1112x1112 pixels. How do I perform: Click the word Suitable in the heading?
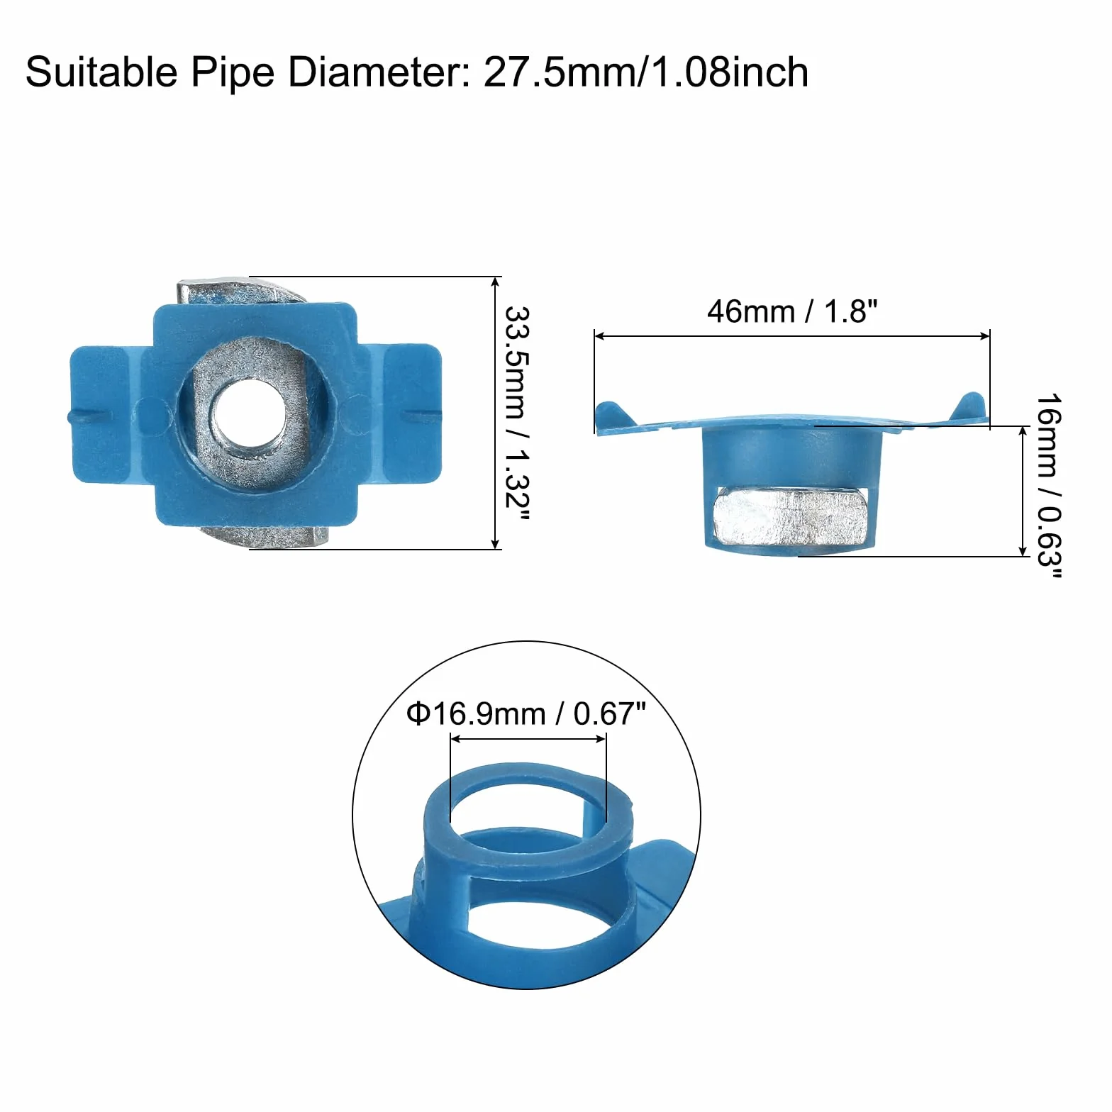101,72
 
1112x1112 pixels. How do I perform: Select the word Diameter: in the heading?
379,72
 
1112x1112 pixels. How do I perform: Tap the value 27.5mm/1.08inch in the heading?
646,72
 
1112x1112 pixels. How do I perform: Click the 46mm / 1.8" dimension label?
792,311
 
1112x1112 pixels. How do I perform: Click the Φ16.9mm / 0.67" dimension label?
526,713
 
